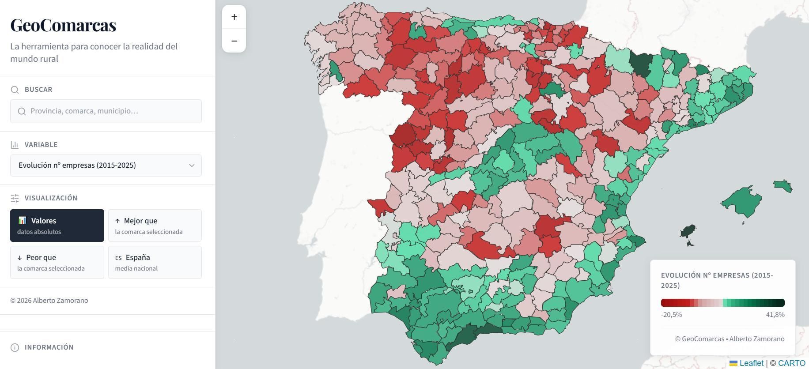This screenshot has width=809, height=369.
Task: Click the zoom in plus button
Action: click(234, 17)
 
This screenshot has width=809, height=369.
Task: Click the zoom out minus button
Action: click(234, 41)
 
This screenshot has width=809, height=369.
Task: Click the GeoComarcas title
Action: click(63, 25)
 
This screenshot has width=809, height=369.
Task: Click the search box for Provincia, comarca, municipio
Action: click(106, 111)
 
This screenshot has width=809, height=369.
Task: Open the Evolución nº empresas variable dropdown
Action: click(106, 166)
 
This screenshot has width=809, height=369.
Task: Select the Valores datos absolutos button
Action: click(57, 226)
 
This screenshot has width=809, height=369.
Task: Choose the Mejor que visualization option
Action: click(155, 226)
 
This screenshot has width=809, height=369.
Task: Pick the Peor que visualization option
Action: click(57, 262)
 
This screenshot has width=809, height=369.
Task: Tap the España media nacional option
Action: click(155, 262)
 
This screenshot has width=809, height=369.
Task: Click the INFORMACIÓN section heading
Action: click(49, 347)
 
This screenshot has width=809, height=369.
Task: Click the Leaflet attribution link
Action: click(751, 363)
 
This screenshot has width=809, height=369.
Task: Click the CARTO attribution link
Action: click(791, 363)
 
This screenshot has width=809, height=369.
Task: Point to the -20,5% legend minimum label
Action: click(671, 315)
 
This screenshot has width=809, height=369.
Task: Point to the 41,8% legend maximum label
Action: click(775, 315)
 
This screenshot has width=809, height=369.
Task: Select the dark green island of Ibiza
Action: click(688, 231)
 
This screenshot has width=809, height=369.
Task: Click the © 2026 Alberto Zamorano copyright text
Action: click(49, 301)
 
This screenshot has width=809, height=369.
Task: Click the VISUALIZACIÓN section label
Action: click(51, 198)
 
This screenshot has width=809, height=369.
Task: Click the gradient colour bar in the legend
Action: click(722, 303)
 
